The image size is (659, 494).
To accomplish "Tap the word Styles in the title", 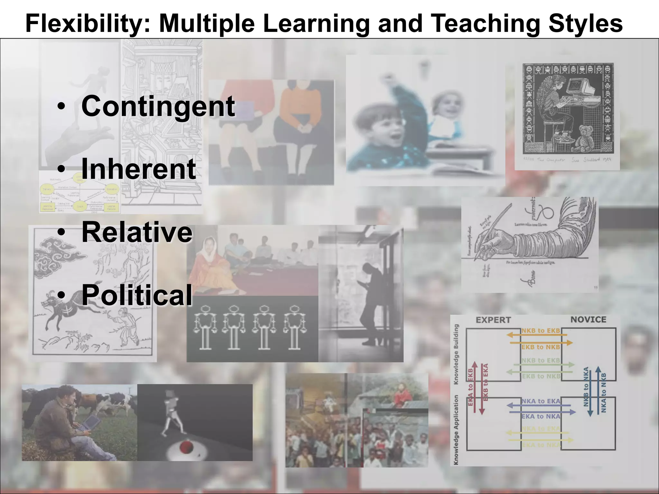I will pyautogui.click(x=586, y=23).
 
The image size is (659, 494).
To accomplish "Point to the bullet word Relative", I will pyautogui.click(x=137, y=232).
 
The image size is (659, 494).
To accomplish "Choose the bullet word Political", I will pyautogui.click(x=137, y=295).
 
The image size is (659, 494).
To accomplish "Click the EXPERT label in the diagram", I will pyautogui.click(x=493, y=320).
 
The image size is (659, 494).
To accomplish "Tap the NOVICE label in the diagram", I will pyautogui.click(x=588, y=319).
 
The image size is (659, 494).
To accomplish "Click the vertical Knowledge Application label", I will pyautogui.click(x=456, y=430).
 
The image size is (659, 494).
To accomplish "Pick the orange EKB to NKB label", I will pyautogui.click(x=541, y=347).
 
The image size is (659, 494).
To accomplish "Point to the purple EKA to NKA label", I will pyautogui.click(x=541, y=416).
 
